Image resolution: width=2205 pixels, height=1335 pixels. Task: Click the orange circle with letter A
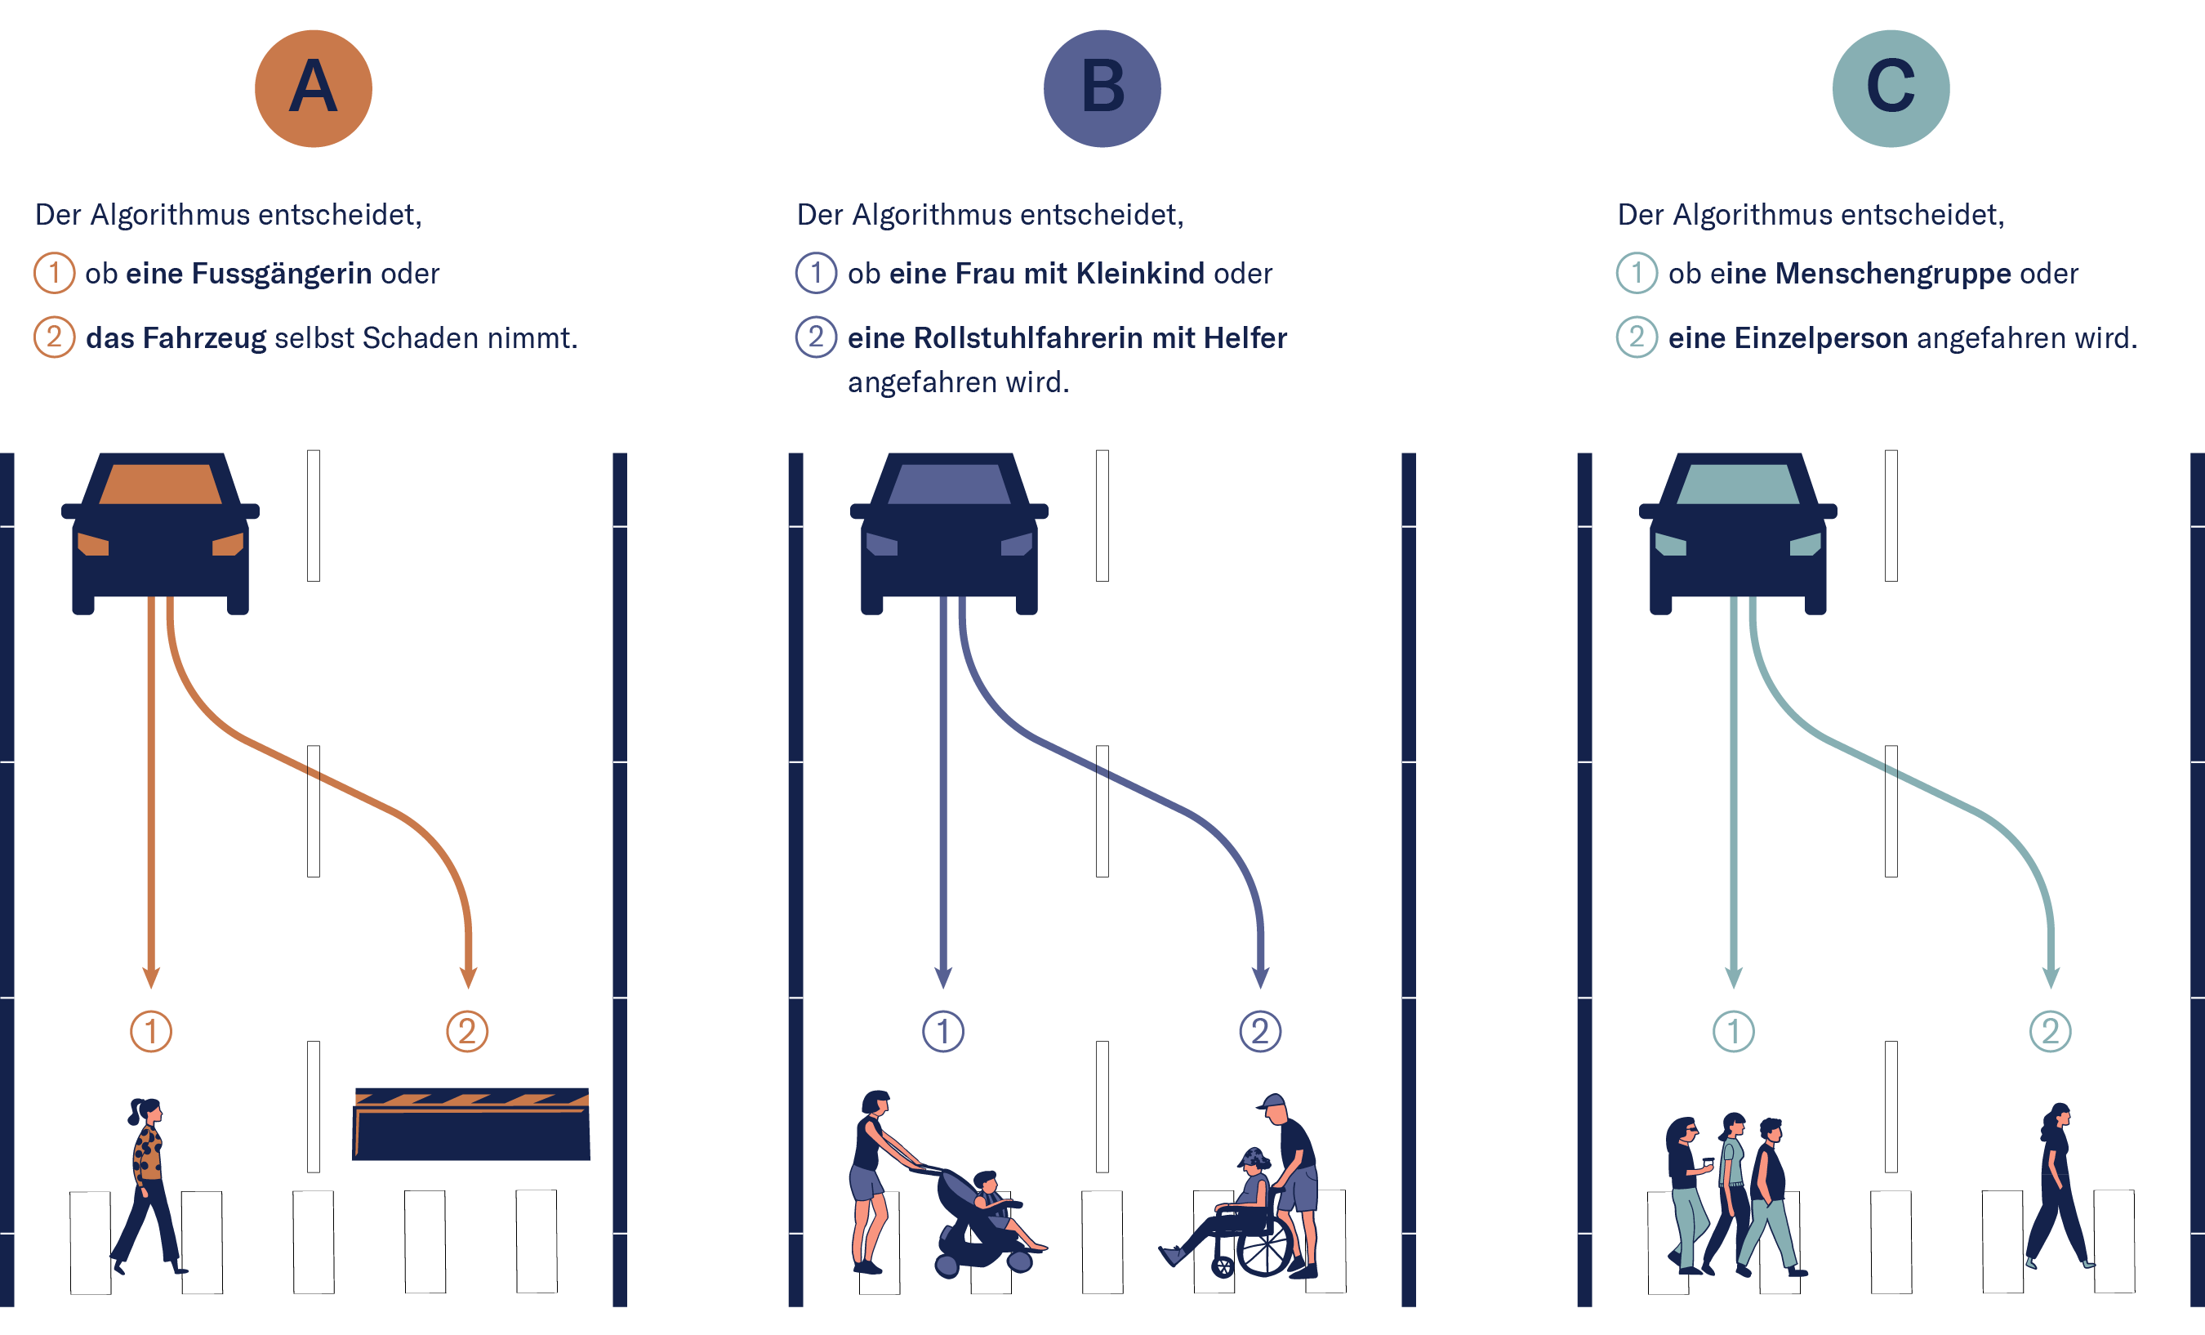[x=314, y=88]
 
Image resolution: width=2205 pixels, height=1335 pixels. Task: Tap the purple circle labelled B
[x=1102, y=88]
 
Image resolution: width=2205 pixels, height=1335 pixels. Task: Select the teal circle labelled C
[x=1891, y=88]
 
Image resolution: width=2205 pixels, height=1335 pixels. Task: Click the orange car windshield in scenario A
[x=160, y=484]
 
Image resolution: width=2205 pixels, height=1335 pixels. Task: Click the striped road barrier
[x=470, y=1123]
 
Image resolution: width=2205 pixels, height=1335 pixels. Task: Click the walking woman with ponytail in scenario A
[x=149, y=1185]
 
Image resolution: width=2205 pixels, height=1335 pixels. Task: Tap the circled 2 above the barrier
[x=467, y=1031]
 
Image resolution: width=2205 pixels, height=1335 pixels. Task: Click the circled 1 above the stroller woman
[x=943, y=1031]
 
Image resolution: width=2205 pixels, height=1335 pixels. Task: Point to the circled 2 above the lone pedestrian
[x=2050, y=1031]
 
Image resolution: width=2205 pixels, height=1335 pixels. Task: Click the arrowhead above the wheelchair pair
[x=1261, y=977]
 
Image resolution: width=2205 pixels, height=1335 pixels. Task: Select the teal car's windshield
[x=1738, y=484]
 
